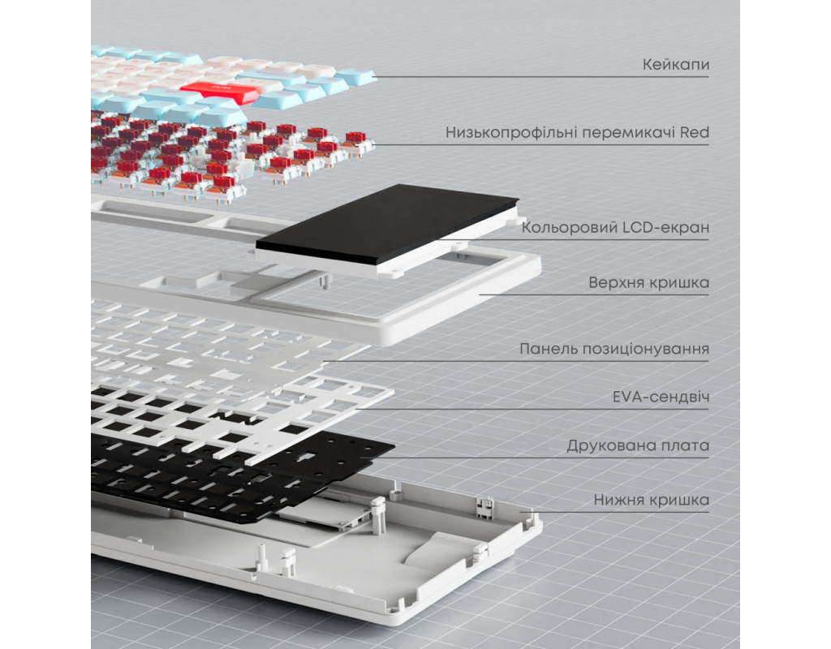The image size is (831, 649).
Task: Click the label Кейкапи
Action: [x=675, y=65]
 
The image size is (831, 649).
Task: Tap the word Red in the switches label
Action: [x=695, y=132]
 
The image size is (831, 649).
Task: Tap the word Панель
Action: [x=548, y=349]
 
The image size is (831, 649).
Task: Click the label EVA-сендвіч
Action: [x=661, y=397]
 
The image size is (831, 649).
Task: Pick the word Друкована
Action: [x=604, y=445]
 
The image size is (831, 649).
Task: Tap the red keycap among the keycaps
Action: [x=219, y=92]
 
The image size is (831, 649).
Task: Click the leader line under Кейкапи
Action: [x=540, y=77]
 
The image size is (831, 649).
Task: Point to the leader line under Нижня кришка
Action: [x=614, y=512]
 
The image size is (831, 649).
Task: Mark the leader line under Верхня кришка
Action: [x=594, y=294]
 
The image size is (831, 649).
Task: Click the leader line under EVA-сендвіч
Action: [x=532, y=409]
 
